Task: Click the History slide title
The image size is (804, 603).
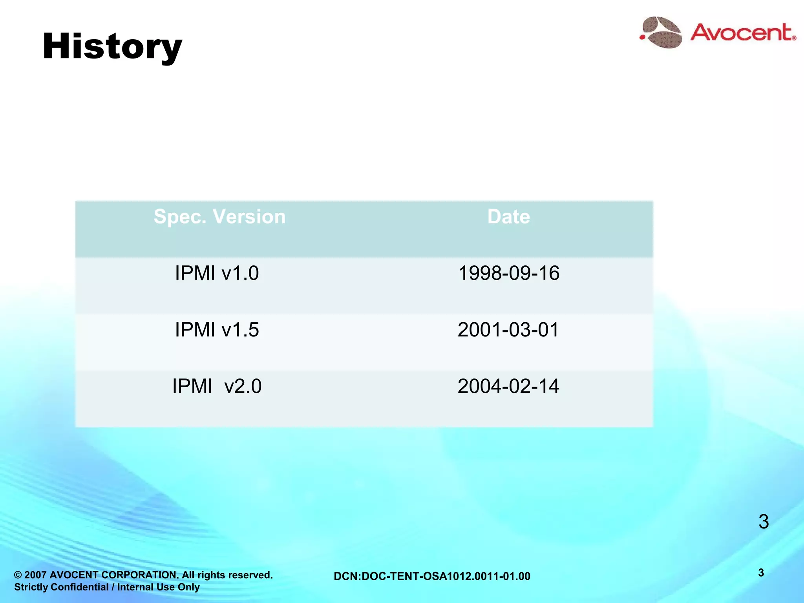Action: [x=112, y=47]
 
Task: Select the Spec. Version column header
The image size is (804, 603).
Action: [x=219, y=217]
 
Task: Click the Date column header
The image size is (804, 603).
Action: [x=508, y=217]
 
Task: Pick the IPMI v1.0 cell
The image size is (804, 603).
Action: [x=217, y=273]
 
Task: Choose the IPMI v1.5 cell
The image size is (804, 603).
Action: [x=217, y=330]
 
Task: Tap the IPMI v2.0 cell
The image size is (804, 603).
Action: [x=217, y=386]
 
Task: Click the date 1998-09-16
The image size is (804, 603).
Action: [x=508, y=273]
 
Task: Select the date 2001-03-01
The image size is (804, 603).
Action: [x=508, y=330]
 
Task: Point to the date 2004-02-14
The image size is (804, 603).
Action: [x=508, y=386]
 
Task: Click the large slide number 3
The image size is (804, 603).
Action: [x=763, y=522]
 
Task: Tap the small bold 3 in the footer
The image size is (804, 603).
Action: [x=761, y=573]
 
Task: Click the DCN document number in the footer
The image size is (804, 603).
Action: [x=432, y=576]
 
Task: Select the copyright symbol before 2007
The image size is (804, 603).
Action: [x=18, y=576]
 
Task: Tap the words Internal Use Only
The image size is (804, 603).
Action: [x=158, y=587]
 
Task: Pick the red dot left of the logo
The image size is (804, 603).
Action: [x=642, y=37]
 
